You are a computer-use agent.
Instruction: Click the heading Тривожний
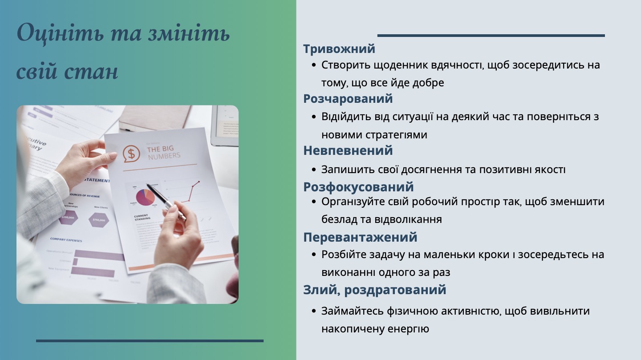coord(339,49)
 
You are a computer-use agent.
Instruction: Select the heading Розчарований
coord(348,98)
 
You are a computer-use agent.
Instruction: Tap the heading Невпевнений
coord(348,150)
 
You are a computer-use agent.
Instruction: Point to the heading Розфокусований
coord(358,186)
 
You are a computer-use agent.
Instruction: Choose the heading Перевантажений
coord(360,237)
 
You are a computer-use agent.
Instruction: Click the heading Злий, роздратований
coord(374,290)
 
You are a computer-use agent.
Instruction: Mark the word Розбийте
coord(344,255)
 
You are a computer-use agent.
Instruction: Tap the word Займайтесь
coord(350,311)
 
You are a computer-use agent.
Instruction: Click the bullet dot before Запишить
coord(314,170)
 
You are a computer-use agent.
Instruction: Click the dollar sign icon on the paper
coord(131,154)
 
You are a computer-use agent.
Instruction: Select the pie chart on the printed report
coord(146,197)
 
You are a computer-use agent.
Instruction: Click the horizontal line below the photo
coord(150,341)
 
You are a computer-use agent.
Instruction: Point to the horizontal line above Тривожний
coord(491,36)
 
